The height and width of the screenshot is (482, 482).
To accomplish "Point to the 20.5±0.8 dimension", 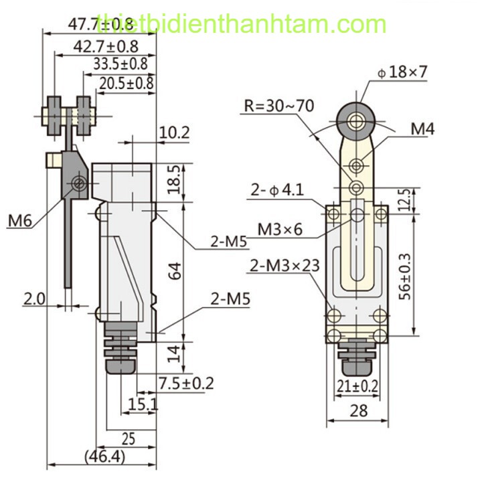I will pyautogui.click(x=127, y=83).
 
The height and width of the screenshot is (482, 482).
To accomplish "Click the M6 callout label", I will pyautogui.click(x=22, y=220).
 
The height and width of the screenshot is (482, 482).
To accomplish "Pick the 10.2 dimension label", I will pyautogui.click(x=174, y=133).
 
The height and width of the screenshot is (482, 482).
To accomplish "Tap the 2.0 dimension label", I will pyautogui.click(x=34, y=299).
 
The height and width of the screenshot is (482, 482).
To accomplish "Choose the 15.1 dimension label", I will pyautogui.click(x=143, y=404).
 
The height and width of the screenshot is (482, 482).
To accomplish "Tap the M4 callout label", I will pyautogui.click(x=422, y=129).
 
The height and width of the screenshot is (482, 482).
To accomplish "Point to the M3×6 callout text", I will pyautogui.click(x=280, y=229).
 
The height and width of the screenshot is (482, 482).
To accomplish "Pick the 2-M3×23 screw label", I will pyautogui.click(x=285, y=265).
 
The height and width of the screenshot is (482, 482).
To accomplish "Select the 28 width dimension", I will pyautogui.click(x=359, y=410).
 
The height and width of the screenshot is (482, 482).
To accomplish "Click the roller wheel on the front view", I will pyautogui.click(x=355, y=119).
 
